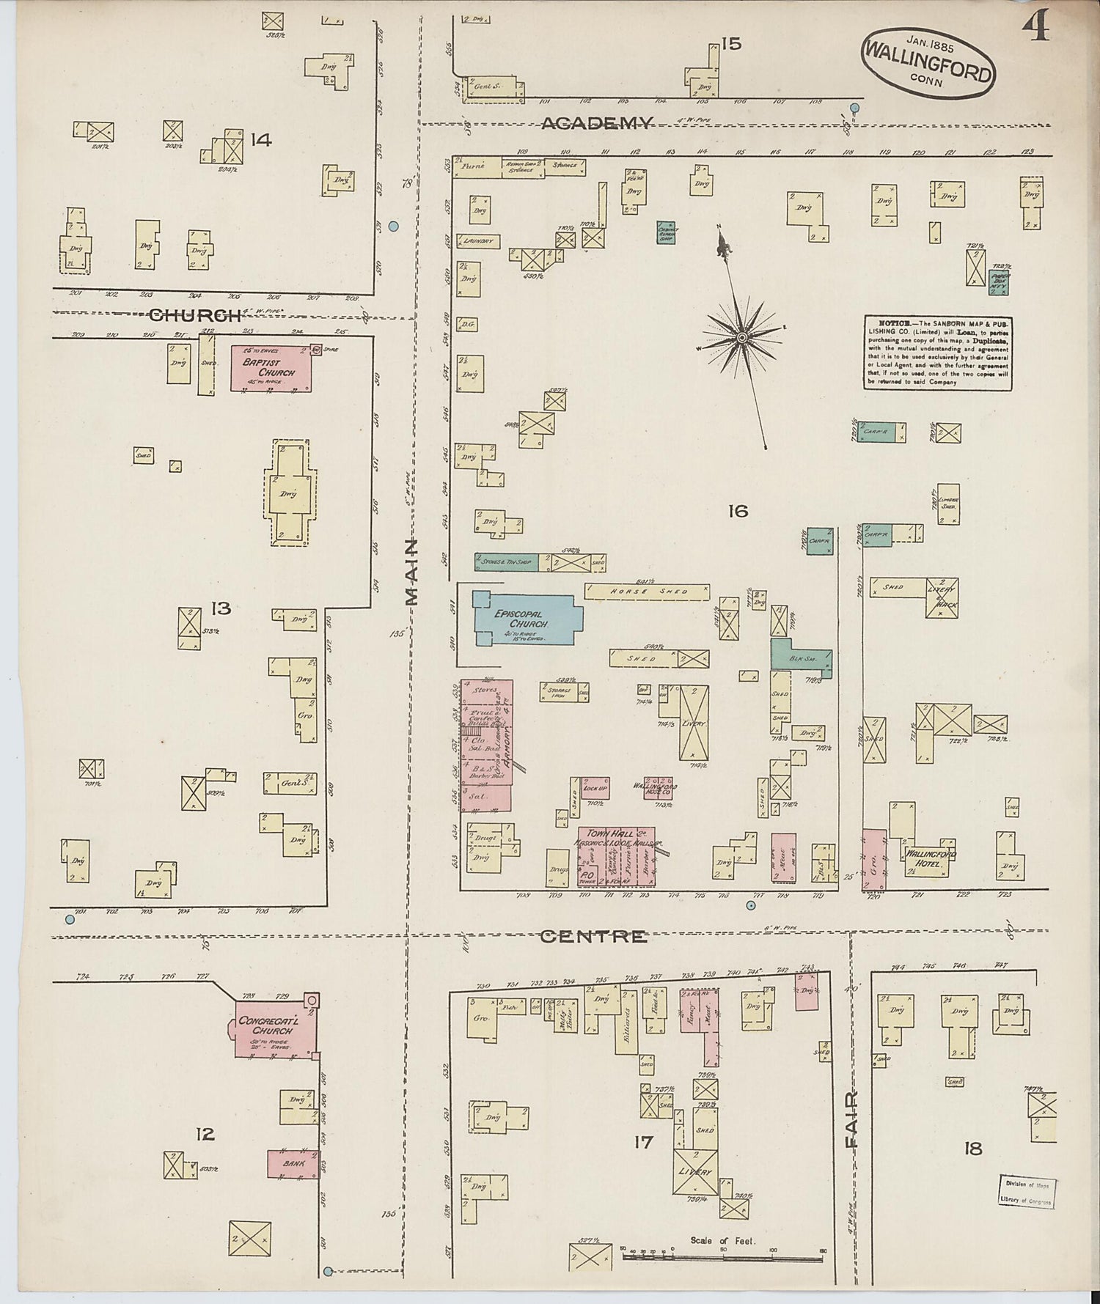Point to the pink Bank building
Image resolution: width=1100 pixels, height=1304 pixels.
point(293,1164)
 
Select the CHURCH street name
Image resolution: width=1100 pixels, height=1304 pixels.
point(194,316)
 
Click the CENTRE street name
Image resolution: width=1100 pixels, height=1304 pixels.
point(593,936)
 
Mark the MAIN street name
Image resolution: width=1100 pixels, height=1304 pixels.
point(411,572)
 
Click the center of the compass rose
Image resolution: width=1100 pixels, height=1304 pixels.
point(741,337)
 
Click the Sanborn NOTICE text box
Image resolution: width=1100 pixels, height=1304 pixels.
point(938,352)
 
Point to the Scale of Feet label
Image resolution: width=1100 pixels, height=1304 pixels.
point(722,1242)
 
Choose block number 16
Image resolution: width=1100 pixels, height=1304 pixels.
point(738,511)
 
